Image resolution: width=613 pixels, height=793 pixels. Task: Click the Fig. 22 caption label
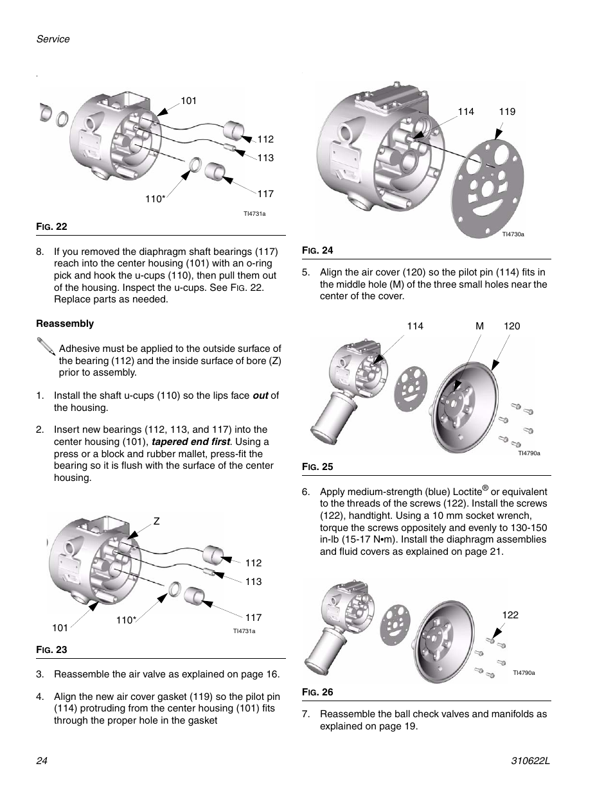(x=52, y=227)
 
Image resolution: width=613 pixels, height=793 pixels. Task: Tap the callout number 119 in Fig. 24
(x=507, y=112)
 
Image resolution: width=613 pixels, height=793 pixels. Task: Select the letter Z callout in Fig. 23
(x=155, y=521)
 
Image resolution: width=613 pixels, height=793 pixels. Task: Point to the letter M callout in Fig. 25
(x=479, y=326)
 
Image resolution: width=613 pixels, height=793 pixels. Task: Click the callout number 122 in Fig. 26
(x=510, y=615)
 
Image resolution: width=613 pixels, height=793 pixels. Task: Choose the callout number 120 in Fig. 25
(x=511, y=326)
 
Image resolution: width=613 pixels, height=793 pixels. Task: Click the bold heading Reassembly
(x=65, y=324)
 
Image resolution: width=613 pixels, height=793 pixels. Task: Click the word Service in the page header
(x=53, y=39)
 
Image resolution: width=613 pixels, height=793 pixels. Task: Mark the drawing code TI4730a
(x=513, y=234)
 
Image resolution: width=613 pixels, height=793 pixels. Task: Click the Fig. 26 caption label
(x=317, y=692)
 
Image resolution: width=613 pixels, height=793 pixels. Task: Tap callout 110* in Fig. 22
(x=155, y=199)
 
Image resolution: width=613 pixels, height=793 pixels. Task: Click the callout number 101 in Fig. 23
(x=60, y=627)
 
